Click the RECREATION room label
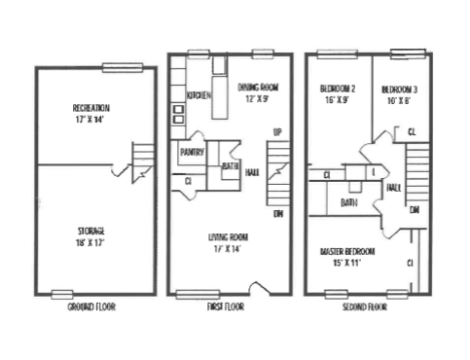click(x=90, y=107)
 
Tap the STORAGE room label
click(x=90, y=231)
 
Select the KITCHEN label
click(x=199, y=95)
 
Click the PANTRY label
click(x=191, y=152)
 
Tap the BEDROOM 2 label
click(x=339, y=89)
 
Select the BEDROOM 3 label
click(x=399, y=89)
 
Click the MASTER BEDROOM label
click(x=347, y=251)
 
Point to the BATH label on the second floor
click(x=347, y=202)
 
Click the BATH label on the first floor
click(x=231, y=165)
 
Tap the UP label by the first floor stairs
click(x=277, y=131)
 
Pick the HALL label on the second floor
click(x=394, y=187)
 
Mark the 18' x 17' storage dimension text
click(x=90, y=242)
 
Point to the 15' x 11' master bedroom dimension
click(x=347, y=263)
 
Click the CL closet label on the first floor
click(x=188, y=181)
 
